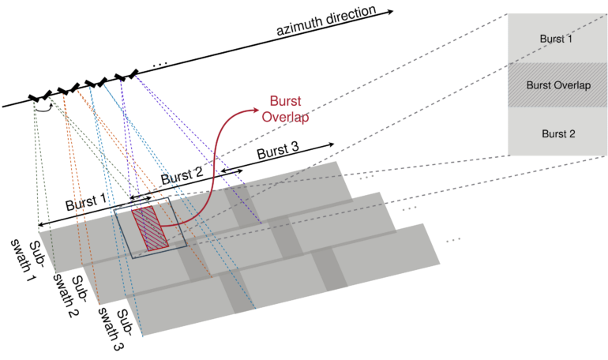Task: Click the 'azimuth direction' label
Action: (332, 21)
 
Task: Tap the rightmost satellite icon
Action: (126, 76)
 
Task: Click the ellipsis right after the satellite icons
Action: (160, 63)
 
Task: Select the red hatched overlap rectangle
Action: (148, 230)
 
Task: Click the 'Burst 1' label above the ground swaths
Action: (87, 202)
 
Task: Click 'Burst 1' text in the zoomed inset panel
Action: (557, 37)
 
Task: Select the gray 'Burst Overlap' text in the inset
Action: (557, 84)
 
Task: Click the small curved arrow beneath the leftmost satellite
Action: (45, 108)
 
